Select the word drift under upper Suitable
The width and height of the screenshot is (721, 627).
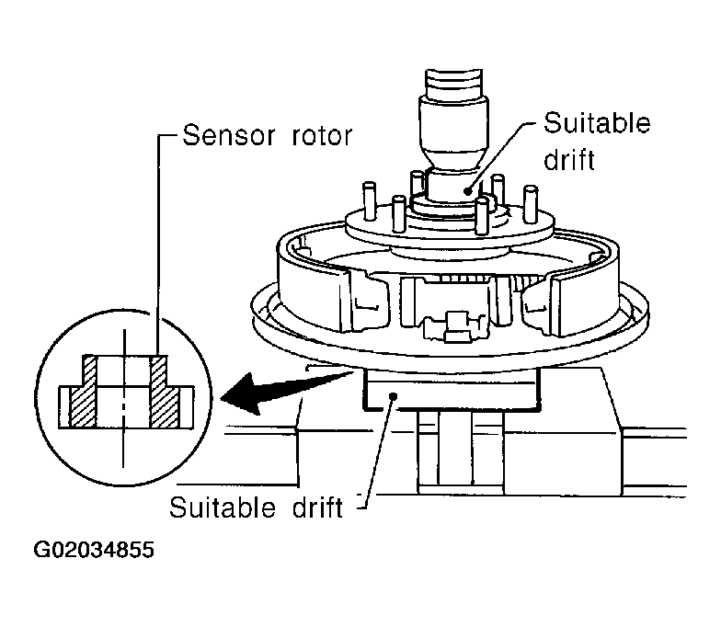570,159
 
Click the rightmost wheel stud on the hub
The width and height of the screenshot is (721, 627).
531,203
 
